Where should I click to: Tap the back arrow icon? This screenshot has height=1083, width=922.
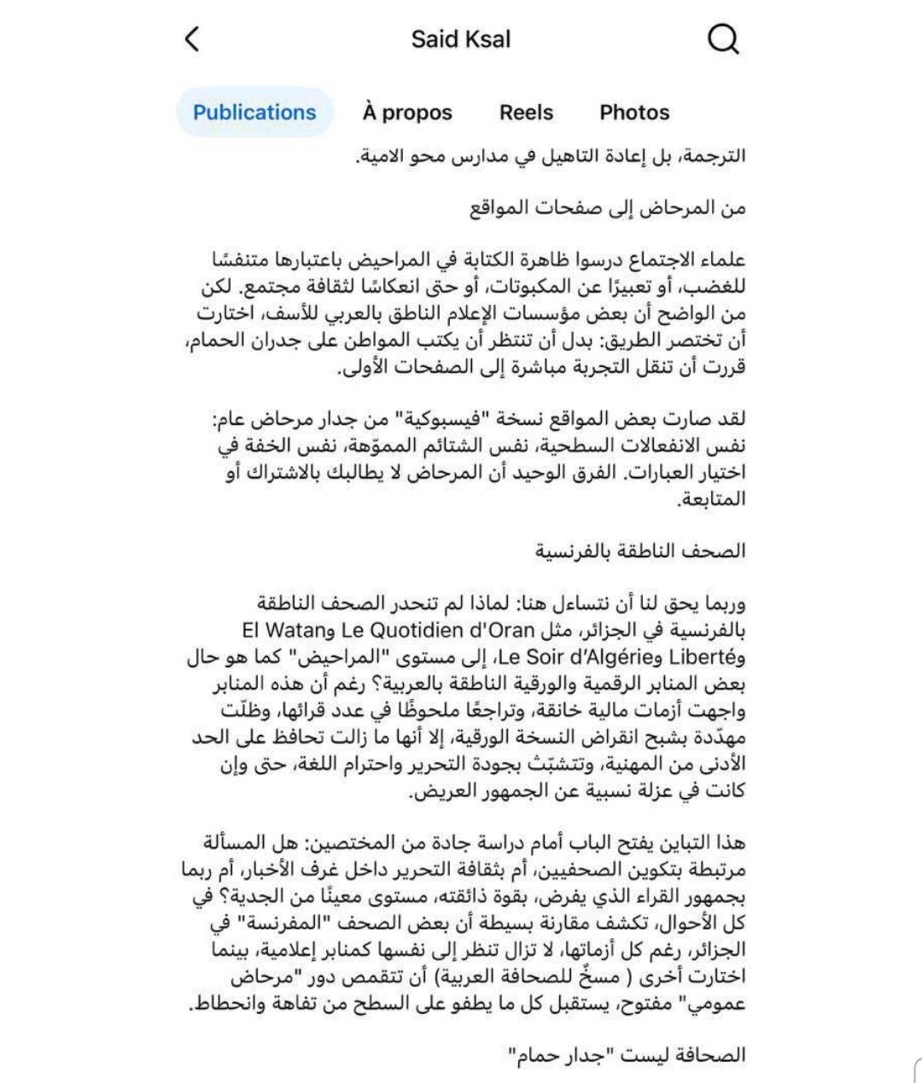tap(192, 38)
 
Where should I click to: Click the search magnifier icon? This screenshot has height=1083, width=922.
tap(723, 38)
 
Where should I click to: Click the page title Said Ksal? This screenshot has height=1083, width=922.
tap(461, 39)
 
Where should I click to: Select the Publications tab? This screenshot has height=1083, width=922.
tap(254, 112)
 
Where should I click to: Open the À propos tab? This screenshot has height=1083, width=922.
tap(407, 112)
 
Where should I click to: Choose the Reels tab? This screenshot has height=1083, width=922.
tap(526, 112)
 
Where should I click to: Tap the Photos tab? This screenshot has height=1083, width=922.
tap(634, 112)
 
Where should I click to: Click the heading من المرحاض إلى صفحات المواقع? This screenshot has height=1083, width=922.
tap(608, 207)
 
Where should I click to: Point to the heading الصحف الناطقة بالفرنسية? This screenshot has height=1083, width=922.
tap(640, 550)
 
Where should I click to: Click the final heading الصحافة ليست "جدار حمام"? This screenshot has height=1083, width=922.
tap(627, 1056)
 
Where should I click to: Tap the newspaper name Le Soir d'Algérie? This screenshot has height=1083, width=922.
tap(575, 657)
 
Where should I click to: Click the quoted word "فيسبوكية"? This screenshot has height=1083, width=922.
tap(432, 419)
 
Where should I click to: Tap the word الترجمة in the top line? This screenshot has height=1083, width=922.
tap(715, 156)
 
